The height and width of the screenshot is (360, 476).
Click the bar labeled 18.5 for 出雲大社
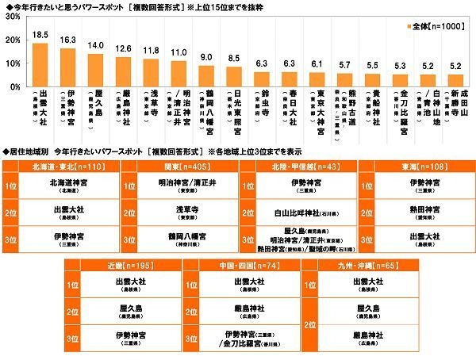pos(40,64)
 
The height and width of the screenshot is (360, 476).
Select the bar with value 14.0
pos(95,70)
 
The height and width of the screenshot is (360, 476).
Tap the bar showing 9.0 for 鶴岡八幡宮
pos(206,75)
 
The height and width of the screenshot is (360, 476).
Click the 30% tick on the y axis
pos(13,16)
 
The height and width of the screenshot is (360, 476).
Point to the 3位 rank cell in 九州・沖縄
pos(310,339)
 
